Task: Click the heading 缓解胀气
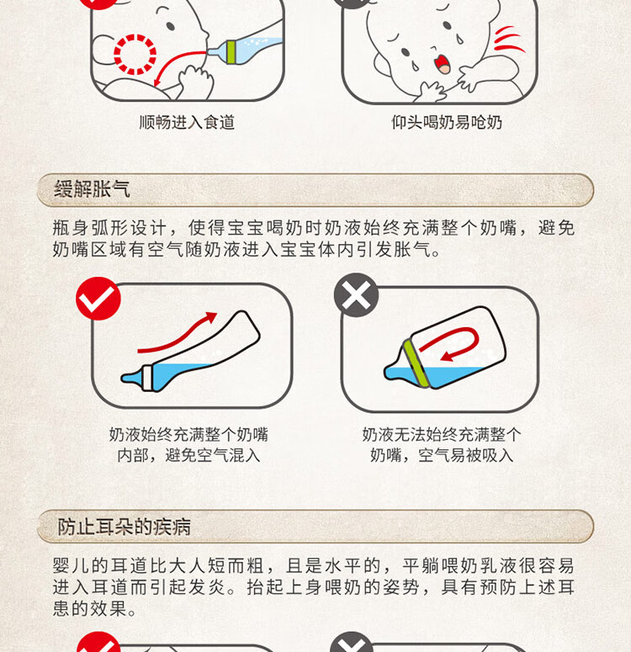92,189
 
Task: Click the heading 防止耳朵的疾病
124,527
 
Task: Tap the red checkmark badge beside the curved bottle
98,298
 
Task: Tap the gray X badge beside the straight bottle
356,294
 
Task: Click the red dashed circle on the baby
135,54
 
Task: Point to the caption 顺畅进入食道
187,122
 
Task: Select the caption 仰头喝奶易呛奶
446,122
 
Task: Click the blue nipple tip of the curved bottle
131,378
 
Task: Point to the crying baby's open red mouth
442,63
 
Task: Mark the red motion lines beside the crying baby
509,40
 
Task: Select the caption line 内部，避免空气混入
188,455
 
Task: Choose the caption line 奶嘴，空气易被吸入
442,455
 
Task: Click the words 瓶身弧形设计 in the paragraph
109,228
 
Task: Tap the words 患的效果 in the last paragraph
89,609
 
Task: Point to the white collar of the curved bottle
148,378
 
